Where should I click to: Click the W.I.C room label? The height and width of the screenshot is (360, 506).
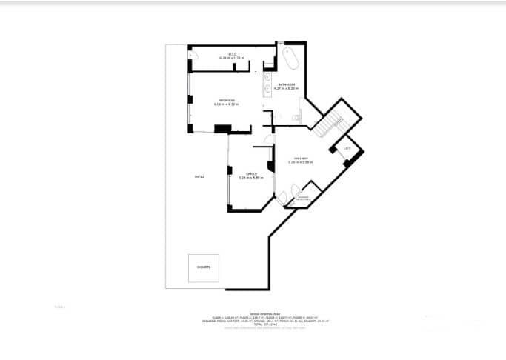(232, 53)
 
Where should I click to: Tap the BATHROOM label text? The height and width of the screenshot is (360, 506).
(287, 85)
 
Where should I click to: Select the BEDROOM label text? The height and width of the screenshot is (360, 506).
(226, 100)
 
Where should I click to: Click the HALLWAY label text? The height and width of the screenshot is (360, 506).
(300, 159)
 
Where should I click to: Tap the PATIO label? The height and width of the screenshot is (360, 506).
(199, 176)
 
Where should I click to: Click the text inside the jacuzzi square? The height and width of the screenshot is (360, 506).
(203, 267)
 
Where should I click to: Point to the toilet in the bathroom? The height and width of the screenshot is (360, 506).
(297, 119)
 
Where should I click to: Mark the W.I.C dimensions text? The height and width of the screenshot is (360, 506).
(232, 58)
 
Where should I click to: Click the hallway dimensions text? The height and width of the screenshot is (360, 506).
(300, 162)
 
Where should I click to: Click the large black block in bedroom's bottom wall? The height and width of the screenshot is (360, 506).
(222, 130)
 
